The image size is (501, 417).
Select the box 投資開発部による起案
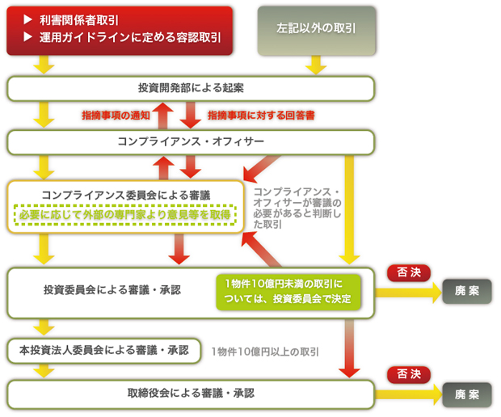point(191,87)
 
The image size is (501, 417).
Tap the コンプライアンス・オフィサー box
point(191,141)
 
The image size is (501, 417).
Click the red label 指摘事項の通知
point(115,116)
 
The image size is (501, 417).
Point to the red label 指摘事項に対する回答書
point(261,116)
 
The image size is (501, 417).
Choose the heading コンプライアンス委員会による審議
point(124,195)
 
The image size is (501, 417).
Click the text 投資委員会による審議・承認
point(112,289)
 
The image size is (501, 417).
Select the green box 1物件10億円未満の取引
point(289,292)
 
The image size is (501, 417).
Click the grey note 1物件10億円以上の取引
point(265,352)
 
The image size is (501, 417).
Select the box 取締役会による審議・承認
point(191,394)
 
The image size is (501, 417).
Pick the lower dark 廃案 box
point(466,394)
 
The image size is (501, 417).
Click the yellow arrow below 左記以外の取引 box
point(315,65)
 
